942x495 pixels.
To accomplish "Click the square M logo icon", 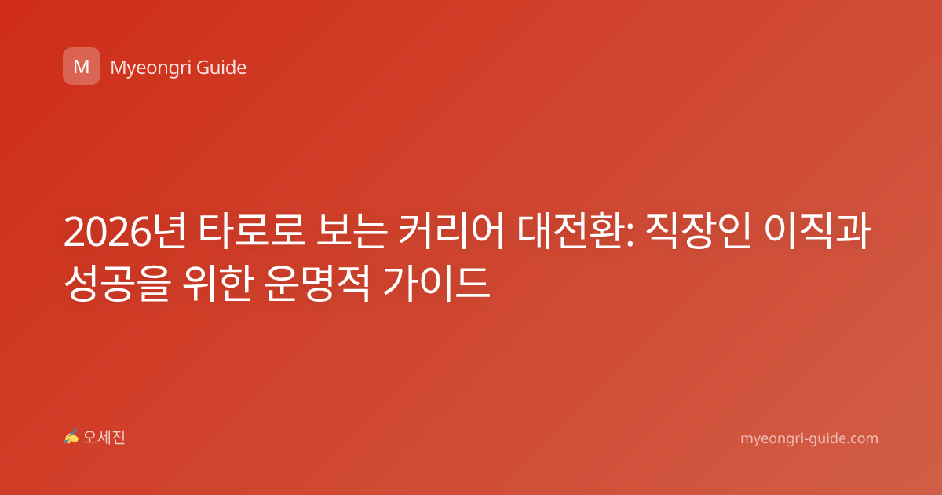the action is (x=82, y=66).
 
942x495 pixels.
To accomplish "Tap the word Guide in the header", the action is (x=221, y=68).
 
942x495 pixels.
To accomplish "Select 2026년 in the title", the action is (x=125, y=232).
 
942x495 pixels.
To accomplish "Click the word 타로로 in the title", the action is (x=251, y=232).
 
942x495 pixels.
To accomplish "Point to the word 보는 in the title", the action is (x=352, y=232).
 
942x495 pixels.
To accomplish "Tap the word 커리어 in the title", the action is (x=451, y=232).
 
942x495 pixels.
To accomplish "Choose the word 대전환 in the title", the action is (x=570, y=232).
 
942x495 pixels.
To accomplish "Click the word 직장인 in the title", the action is (x=698, y=232).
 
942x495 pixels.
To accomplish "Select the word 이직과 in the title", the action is (x=817, y=232).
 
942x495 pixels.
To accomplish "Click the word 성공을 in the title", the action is (x=117, y=284).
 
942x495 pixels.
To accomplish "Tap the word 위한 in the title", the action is (x=217, y=284).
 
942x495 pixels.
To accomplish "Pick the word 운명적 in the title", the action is (x=317, y=284).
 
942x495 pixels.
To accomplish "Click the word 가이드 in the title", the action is (x=436, y=284).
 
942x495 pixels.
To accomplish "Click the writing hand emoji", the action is (x=71, y=437).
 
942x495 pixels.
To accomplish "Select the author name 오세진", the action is (x=104, y=438).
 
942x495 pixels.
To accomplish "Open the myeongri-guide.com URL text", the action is (x=809, y=438).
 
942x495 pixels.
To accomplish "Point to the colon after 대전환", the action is (x=629, y=236).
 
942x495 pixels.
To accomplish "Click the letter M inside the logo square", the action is (x=82, y=67).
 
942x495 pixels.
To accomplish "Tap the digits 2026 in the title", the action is (x=108, y=233).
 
